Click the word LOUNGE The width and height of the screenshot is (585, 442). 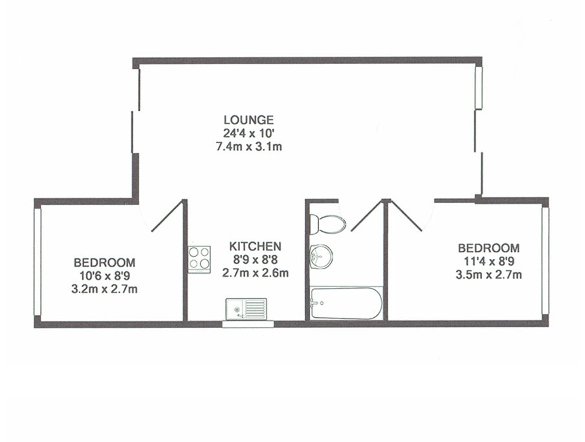[x=248, y=120]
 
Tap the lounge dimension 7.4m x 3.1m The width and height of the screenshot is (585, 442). [x=249, y=147]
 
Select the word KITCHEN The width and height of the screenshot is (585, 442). [x=255, y=246]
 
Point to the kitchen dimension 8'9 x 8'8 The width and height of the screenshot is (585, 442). [x=255, y=260]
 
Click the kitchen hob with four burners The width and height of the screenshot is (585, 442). [x=199, y=260]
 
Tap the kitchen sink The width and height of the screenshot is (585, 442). [x=246, y=309]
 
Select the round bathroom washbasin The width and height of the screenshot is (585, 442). [x=321, y=256]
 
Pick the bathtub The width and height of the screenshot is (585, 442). [x=346, y=304]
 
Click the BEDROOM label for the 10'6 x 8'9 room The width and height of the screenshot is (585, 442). [x=104, y=263]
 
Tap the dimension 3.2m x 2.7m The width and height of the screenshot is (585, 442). [x=104, y=289]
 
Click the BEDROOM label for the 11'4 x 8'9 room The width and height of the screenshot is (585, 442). [x=489, y=248]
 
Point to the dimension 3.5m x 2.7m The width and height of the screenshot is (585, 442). [x=489, y=275]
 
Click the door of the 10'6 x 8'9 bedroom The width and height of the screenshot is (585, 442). [x=167, y=215]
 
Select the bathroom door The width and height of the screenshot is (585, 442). [x=368, y=215]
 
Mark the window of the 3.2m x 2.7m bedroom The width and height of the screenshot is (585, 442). [x=38, y=262]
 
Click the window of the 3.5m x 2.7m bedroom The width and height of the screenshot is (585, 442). [x=545, y=260]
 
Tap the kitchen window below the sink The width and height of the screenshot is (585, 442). [x=248, y=324]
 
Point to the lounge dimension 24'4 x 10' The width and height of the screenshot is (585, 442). [x=249, y=133]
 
